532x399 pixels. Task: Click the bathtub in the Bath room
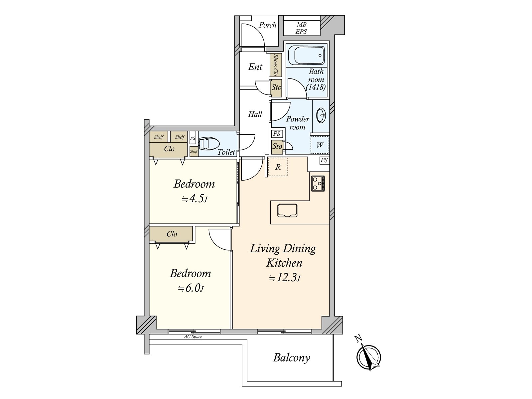pos(306,56)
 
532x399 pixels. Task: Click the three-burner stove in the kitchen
pos(318,184)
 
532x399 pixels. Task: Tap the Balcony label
pos(291,358)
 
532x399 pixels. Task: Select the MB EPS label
pos(302,28)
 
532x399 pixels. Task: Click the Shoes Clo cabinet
pos(276,65)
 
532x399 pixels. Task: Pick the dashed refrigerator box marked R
pos(278,167)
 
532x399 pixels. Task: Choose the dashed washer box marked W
pos(320,145)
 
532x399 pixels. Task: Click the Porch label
pos(268,25)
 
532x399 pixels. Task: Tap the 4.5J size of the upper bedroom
pos(195,199)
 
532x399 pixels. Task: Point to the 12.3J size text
pos(285,278)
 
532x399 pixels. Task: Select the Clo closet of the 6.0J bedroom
pos(171,234)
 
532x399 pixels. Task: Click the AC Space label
pos(193,337)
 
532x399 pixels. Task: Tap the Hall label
pos(255,114)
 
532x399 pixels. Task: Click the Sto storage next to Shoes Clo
pos(276,88)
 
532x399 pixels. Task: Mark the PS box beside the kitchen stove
pos(324,160)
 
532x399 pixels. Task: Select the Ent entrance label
pos(255,67)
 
